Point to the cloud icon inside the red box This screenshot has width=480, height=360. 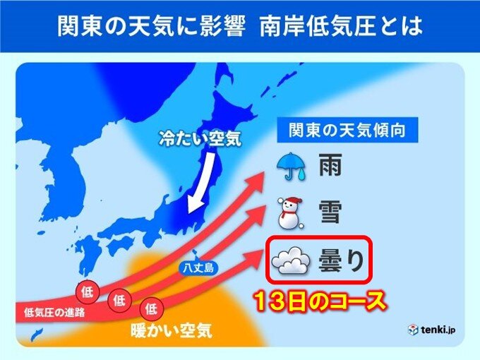tap(291, 262)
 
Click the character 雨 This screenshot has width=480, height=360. tap(330, 167)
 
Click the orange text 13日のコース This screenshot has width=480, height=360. tap(321, 302)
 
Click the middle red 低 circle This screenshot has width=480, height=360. tap(119, 300)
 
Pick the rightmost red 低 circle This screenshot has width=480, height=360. tap(151, 308)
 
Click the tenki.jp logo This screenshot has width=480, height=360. tap(431, 330)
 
